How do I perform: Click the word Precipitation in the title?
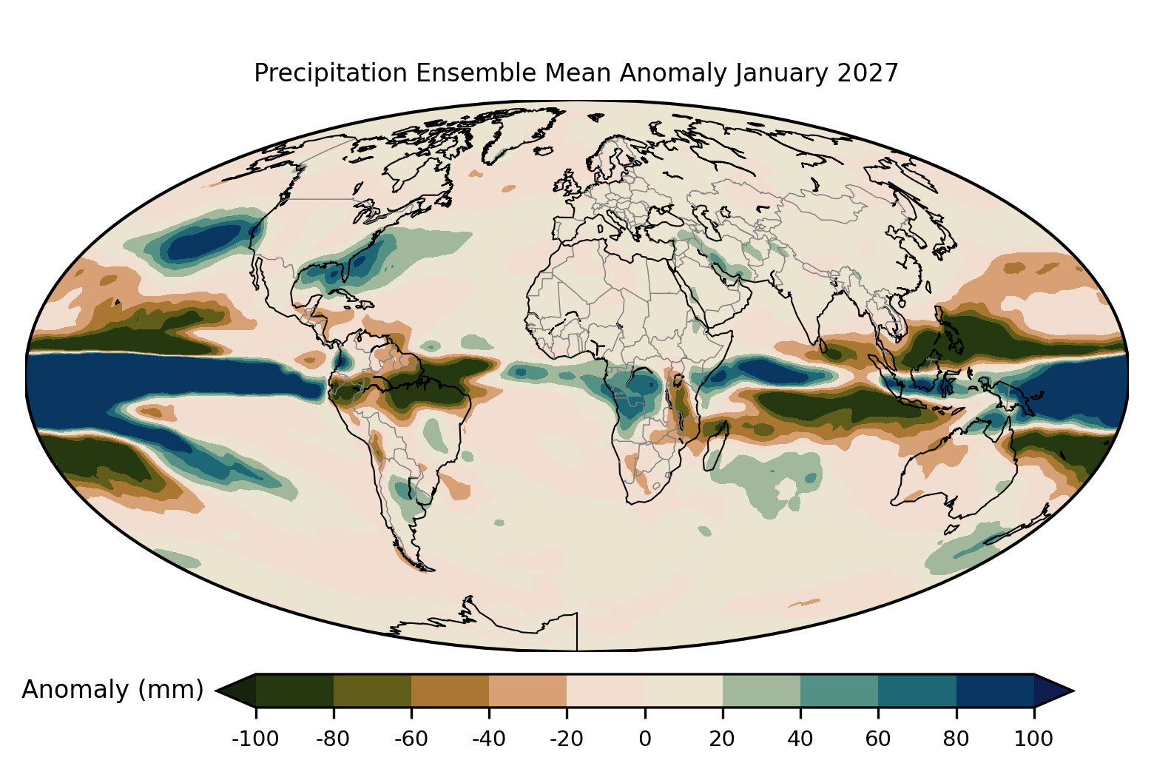coord(330,73)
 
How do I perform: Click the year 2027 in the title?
coord(868,73)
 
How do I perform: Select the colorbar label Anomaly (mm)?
coord(113,690)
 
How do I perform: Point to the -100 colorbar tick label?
coord(255,739)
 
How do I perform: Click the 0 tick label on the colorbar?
coord(644,739)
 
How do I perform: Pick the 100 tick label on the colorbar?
coord(1033,739)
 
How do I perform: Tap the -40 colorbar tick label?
coord(489,739)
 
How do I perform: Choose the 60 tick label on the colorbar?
coord(878,739)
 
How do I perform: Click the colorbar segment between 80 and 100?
coord(995,690)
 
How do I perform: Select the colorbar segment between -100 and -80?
coord(294,690)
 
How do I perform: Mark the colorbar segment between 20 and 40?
coord(761,690)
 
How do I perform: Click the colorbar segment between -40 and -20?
coord(528,690)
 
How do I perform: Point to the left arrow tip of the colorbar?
coord(215,690)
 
